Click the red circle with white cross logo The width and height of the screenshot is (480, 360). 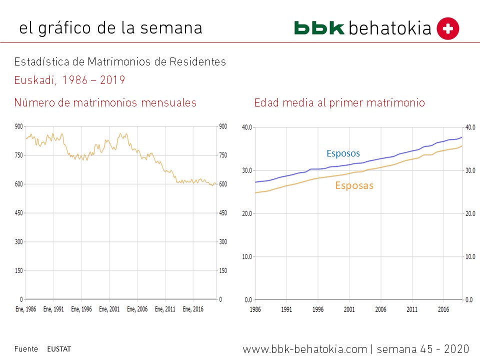click(x=447, y=28)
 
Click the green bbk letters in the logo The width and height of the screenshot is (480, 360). click(x=319, y=28)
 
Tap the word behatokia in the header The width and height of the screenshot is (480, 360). click(x=389, y=28)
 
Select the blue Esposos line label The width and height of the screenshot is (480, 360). click(x=343, y=153)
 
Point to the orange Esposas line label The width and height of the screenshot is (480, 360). click(x=354, y=185)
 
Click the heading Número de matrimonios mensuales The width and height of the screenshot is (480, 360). click(x=105, y=103)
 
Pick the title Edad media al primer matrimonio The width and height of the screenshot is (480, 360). click(x=339, y=103)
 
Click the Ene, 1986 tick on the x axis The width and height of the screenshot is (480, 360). click(x=25, y=309)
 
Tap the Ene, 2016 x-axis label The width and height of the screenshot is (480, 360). click(x=193, y=309)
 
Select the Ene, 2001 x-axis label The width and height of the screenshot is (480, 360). click(x=109, y=309)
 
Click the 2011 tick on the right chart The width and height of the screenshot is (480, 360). click(x=412, y=309)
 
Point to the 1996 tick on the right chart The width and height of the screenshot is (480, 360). click(x=317, y=309)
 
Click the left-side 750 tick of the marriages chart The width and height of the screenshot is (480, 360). click(x=18, y=155)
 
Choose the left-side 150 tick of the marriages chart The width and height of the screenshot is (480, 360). click(x=18, y=271)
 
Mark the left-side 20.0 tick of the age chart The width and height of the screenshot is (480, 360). click(x=247, y=213)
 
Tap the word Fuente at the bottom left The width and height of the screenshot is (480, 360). click(x=26, y=349)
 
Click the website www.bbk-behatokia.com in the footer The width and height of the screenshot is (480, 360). click(x=305, y=349)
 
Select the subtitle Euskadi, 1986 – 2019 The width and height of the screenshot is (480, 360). click(x=69, y=80)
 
